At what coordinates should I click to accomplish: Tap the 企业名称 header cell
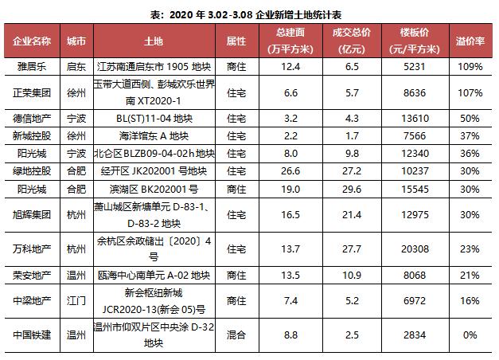point(33,39)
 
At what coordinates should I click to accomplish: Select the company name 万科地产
point(33,247)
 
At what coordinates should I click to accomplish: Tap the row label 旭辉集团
point(33,215)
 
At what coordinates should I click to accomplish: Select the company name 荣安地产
point(33,276)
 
